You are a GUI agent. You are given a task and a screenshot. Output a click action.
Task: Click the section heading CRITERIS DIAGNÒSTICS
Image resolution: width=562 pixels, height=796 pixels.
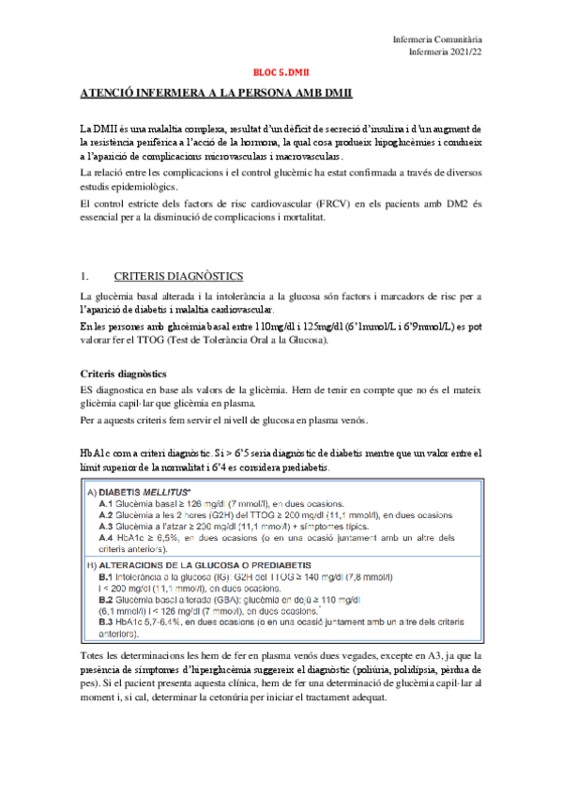point(177,276)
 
